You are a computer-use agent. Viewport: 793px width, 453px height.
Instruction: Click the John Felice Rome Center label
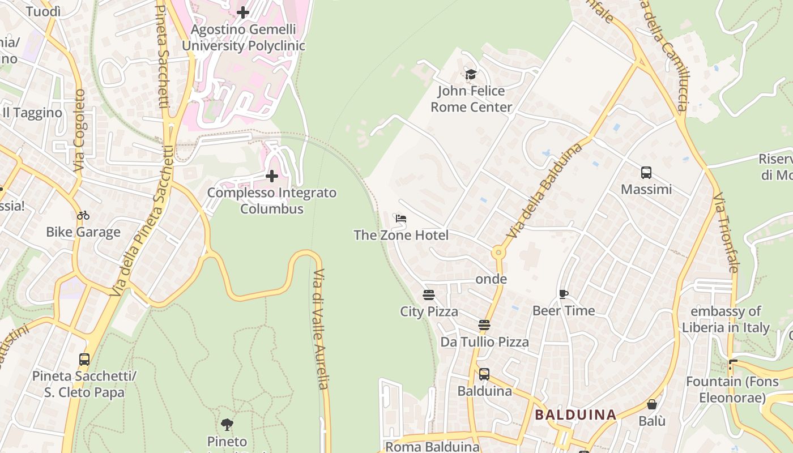pos(471,99)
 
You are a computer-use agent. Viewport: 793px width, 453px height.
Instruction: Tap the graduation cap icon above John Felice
pos(471,74)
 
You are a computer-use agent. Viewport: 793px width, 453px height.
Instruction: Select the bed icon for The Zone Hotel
pos(401,219)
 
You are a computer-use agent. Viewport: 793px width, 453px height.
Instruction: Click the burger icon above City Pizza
pos(429,295)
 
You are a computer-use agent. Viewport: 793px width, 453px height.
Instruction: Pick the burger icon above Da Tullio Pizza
pos(484,325)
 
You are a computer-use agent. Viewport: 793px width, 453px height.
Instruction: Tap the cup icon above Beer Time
pos(563,294)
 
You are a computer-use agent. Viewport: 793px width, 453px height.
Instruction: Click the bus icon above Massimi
pos(646,173)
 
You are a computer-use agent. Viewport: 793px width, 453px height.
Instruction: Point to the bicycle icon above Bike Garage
pos(83,215)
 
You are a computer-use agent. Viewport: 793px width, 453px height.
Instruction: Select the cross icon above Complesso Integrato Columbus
pos(272,176)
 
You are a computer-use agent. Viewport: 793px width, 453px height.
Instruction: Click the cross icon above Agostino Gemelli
pos(243,12)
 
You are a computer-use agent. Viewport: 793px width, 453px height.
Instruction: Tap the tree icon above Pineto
pos(227,424)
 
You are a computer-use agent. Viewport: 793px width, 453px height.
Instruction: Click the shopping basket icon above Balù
pos(652,404)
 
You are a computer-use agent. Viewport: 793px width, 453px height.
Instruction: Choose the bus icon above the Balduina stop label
pos(484,374)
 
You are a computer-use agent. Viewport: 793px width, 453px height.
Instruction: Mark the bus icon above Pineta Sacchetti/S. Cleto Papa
pos(84,360)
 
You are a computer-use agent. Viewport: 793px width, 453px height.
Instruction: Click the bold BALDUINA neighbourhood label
pos(575,414)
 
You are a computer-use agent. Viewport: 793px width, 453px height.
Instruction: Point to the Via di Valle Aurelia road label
pos(320,328)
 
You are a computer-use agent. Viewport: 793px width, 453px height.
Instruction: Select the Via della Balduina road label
pos(545,190)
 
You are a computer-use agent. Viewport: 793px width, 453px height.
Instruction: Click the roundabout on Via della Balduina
pos(498,252)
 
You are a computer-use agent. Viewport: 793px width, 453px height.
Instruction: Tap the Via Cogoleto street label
pos(79,130)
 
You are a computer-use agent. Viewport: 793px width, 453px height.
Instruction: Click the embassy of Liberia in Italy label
pos(726,319)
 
